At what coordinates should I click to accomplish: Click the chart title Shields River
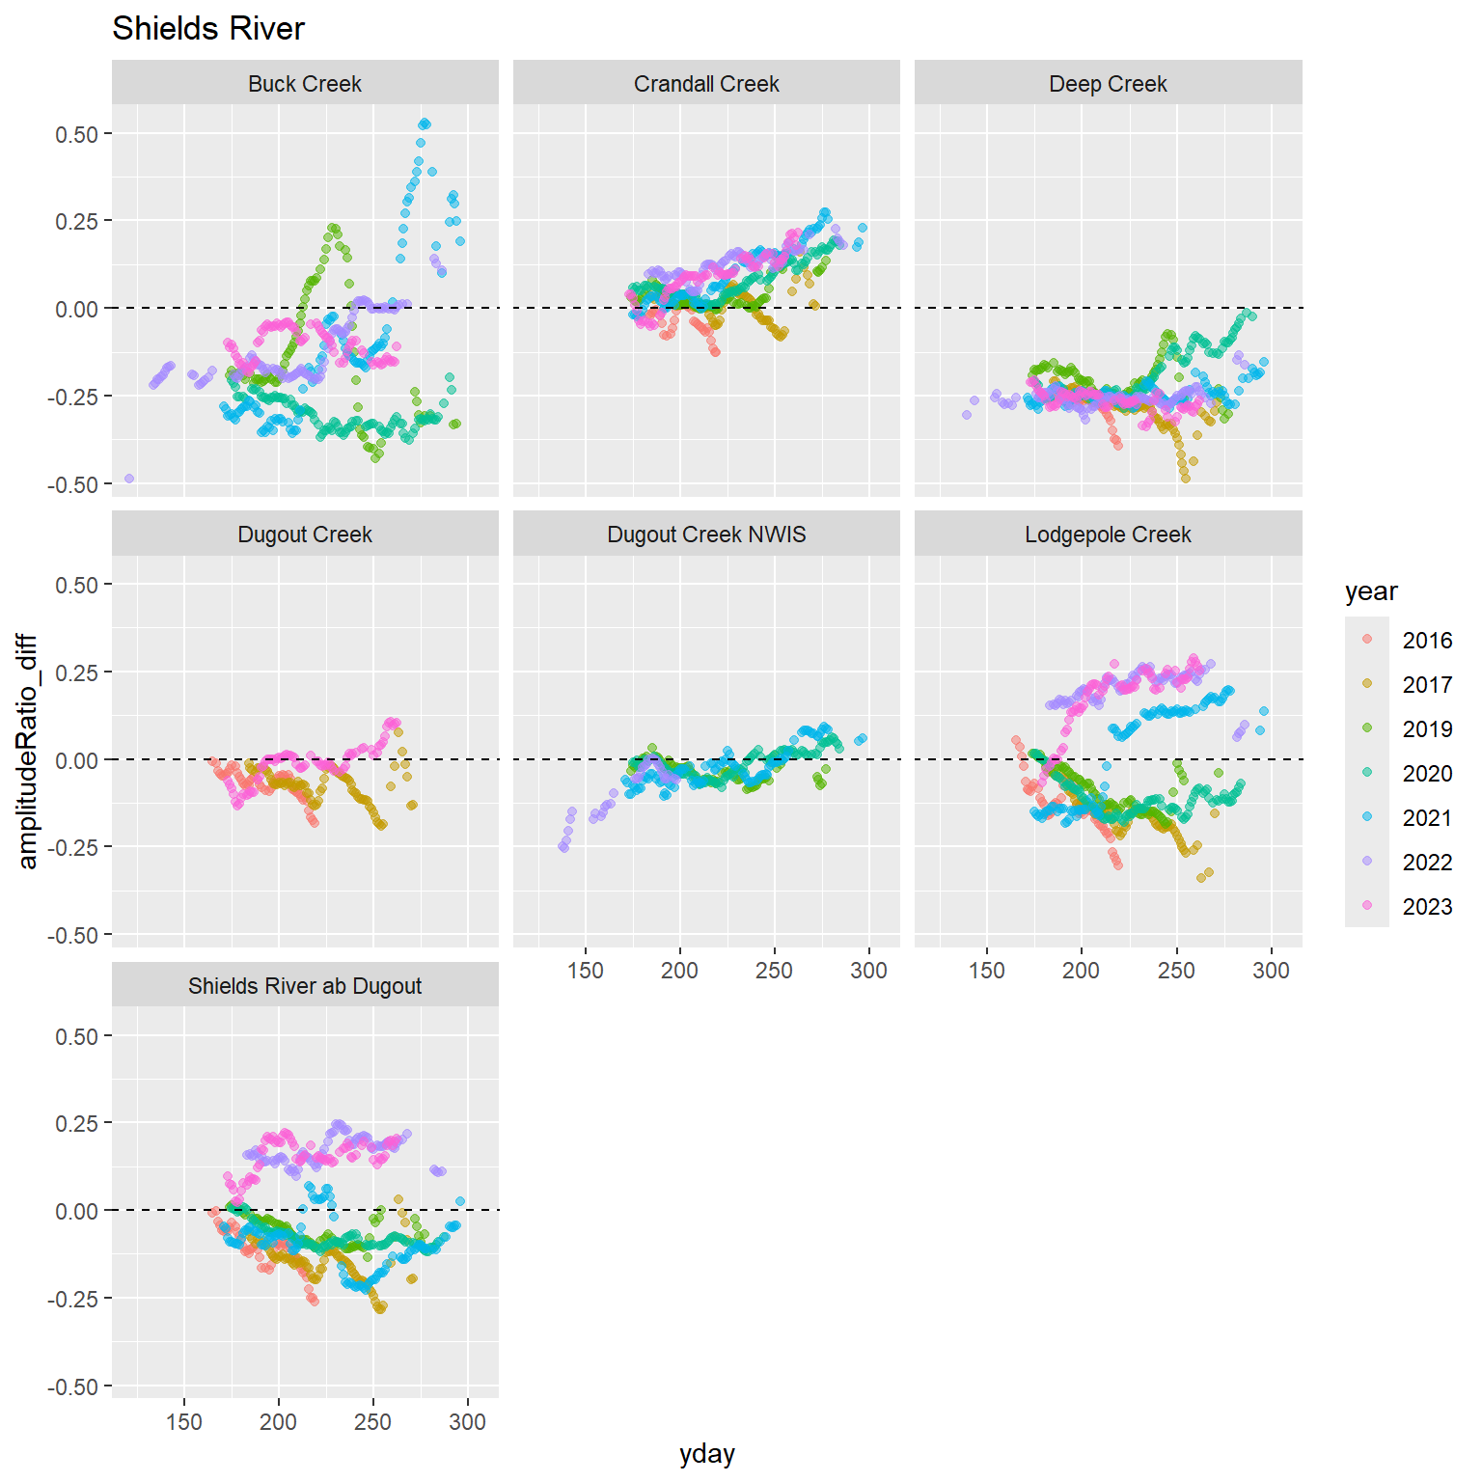[x=208, y=29]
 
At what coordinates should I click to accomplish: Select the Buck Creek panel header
[x=305, y=84]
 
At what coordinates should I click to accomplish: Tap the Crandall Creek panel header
[x=706, y=84]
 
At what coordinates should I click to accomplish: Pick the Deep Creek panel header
[x=1108, y=84]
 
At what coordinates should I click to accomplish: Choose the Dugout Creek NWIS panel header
[x=706, y=535]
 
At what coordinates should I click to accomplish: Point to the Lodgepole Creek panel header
[x=1108, y=535]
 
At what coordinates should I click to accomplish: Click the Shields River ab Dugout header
[x=305, y=986]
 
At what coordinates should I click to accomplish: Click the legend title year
[x=1371, y=591]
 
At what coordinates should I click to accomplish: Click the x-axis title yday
[x=707, y=1454]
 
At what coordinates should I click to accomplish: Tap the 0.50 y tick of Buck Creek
[x=77, y=134]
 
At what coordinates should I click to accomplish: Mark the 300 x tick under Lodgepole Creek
[x=1271, y=971]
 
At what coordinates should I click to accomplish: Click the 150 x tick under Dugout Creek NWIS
[x=586, y=971]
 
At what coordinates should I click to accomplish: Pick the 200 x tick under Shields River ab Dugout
[x=279, y=1422]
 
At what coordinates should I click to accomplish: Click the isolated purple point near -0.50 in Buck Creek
[x=129, y=479]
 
